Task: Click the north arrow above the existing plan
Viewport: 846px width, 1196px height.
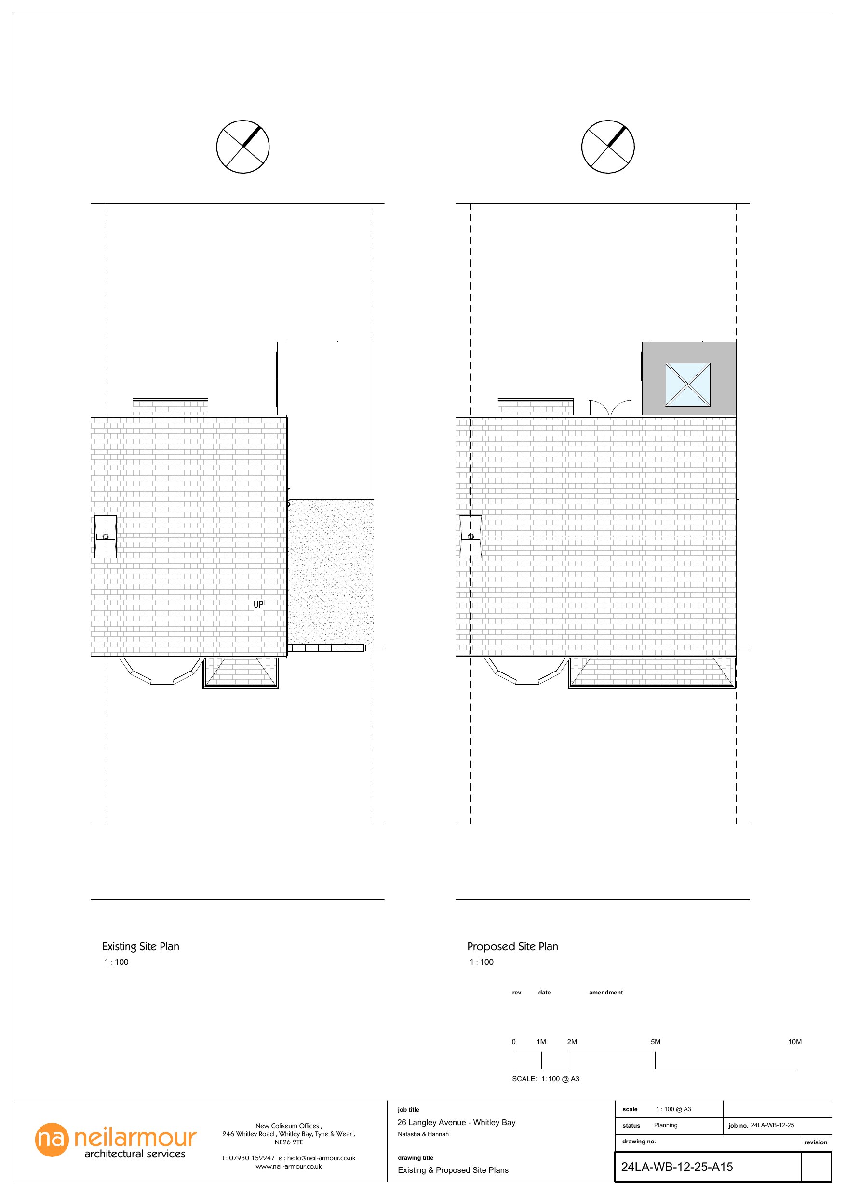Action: [243, 147]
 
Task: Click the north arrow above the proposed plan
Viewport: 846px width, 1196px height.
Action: [608, 147]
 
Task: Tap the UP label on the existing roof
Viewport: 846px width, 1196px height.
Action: [258, 604]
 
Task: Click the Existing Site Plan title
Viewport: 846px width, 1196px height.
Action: [141, 946]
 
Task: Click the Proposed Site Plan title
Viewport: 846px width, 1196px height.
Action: [512, 946]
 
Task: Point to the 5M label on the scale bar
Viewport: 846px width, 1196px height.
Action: [655, 1042]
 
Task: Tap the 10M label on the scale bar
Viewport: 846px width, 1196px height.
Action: [794, 1042]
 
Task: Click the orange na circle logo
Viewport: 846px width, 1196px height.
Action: [52, 1140]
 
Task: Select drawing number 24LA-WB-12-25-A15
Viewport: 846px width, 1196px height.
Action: [677, 1167]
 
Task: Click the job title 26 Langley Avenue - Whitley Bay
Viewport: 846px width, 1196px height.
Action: [456, 1123]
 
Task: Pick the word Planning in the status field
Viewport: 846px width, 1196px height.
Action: [665, 1125]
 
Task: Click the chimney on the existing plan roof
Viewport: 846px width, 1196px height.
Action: [105, 537]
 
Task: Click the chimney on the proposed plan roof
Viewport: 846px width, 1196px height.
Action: [470, 537]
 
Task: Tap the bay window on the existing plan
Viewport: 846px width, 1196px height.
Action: [161, 672]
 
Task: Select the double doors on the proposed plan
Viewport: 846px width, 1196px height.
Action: [609, 407]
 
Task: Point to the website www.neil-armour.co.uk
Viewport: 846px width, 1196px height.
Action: [289, 1166]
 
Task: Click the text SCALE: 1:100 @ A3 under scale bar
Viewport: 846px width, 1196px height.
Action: [545, 1079]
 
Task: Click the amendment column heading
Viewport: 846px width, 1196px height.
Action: [605, 992]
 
